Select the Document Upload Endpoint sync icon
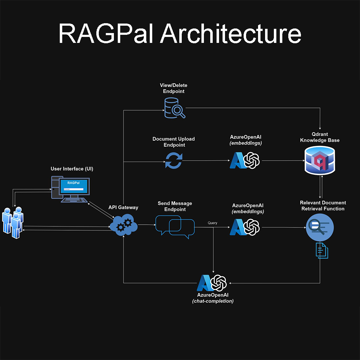pyautogui.click(x=174, y=160)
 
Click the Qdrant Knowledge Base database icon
pyautogui.click(x=320, y=160)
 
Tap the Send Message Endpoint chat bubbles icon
pyautogui.click(x=175, y=227)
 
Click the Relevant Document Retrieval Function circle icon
pyautogui.click(x=320, y=227)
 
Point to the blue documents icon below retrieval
pyautogui.click(x=322, y=250)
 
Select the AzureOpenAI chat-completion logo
pyautogui.click(x=212, y=283)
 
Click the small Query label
pyautogui.click(x=212, y=223)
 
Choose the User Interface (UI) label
pyautogui.click(x=72, y=169)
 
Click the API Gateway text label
pyautogui.click(x=123, y=207)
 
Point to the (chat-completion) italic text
pyautogui.click(x=213, y=301)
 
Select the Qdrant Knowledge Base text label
pyautogui.click(x=320, y=137)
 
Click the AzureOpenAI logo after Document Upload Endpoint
pyautogui.click(x=245, y=160)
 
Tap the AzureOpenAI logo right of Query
pyautogui.click(x=245, y=227)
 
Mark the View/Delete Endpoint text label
pyautogui.click(x=174, y=88)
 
